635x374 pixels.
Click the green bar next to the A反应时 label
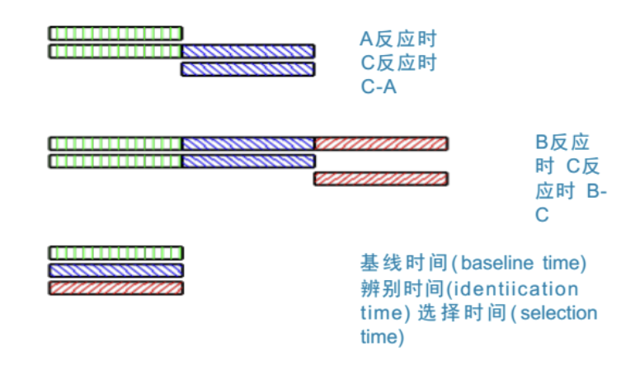[x=115, y=33]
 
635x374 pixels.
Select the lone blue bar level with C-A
[x=247, y=69]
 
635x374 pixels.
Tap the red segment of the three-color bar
[x=381, y=143]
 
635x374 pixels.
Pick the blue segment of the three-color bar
[x=247, y=143]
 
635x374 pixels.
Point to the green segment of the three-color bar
[x=115, y=143]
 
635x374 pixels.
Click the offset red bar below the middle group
[x=381, y=179]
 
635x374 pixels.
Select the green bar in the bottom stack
[x=115, y=253]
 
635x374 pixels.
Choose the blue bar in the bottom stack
[x=115, y=270]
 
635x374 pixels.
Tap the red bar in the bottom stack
[x=115, y=288]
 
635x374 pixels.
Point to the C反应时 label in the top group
[x=397, y=63]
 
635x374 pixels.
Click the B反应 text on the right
[x=562, y=142]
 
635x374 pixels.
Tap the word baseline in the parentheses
[x=495, y=264]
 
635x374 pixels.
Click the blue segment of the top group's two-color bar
[x=247, y=51]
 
